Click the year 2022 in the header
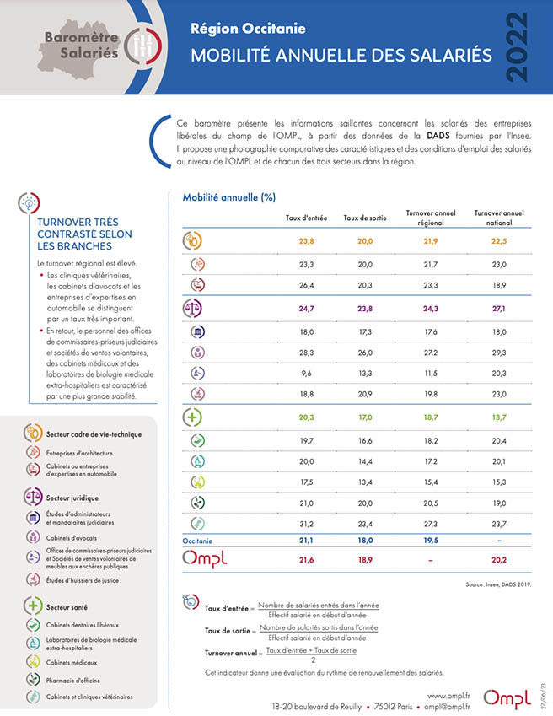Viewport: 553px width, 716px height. (x=518, y=47)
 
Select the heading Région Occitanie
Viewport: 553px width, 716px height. (x=248, y=29)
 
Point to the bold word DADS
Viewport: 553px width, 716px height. (x=438, y=136)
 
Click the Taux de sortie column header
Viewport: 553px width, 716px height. (x=365, y=218)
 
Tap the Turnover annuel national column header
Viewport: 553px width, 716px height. (x=499, y=218)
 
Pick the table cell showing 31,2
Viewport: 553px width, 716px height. (x=307, y=524)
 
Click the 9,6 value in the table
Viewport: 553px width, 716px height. (x=307, y=373)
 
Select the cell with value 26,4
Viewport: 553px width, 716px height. (x=307, y=285)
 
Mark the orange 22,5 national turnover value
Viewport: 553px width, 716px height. (x=499, y=240)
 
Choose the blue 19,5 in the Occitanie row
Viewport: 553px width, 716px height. (x=431, y=541)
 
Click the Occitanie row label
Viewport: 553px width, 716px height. (x=197, y=541)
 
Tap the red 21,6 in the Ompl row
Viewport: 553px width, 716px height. (x=307, y=560)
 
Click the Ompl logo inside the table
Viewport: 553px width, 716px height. (x=204, y=558)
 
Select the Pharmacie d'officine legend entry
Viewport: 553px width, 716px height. (x=73, y=680)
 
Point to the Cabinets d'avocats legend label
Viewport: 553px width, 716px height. (x=71, y=538)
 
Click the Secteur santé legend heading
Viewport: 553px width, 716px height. (x=67, y=607)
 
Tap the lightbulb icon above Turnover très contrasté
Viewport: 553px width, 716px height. (x=29, y=202)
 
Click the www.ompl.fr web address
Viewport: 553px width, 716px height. (x=448, y=696)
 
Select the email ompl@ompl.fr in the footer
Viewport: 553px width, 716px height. (x=447, y=707)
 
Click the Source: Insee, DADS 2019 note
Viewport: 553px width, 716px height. (x=498, y=584)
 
